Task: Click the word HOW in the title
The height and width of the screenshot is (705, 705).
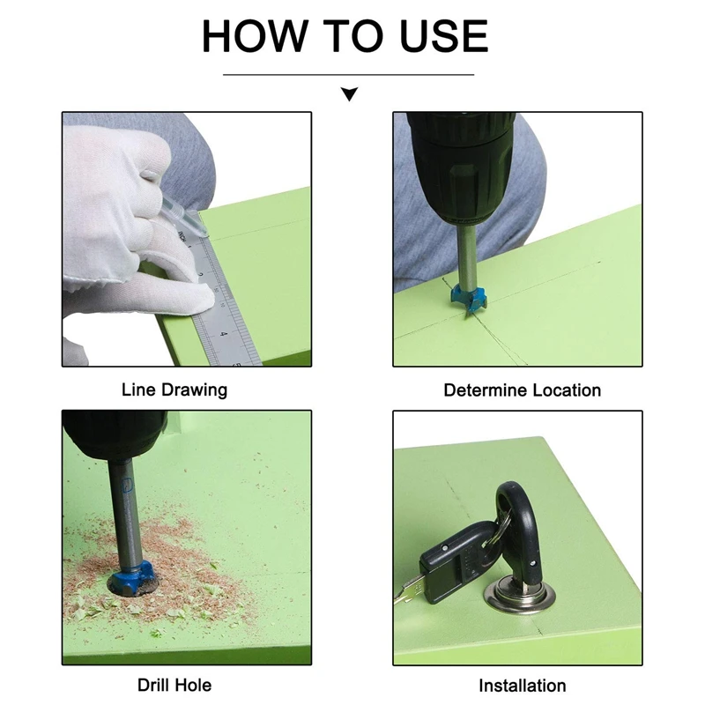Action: coord(254,36)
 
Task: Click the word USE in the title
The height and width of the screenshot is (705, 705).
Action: coord(444,36)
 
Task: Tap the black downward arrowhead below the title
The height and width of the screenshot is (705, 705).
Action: coord(349,94)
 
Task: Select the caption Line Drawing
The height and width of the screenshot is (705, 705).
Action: coord(174,390)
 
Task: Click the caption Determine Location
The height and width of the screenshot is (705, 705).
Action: coord(522,390)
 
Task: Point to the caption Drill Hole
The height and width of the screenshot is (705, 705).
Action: coord(174,686)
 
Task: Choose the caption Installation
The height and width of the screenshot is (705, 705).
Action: coord(522,686)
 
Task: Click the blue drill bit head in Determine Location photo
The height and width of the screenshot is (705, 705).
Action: coord(469,299)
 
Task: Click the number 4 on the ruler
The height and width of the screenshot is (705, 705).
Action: coord(224,334)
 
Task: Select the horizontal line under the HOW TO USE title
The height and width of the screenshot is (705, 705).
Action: coord(348,75)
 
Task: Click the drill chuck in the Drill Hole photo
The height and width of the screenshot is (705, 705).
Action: coord(115,437)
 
